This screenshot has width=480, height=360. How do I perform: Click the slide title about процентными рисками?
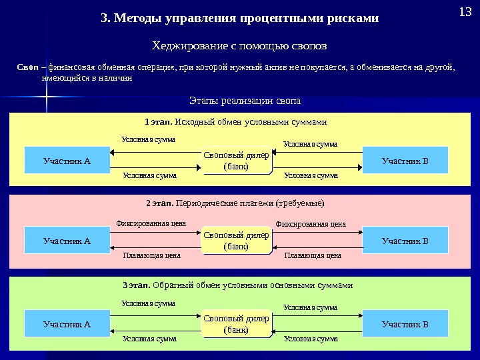[239, 18]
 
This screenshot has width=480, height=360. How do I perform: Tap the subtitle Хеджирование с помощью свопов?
[240, 45]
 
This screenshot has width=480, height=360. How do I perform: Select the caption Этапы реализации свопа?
[245, 101]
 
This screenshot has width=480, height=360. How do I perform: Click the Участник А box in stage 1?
[67, 161]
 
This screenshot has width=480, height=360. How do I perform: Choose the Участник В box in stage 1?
[405, 161]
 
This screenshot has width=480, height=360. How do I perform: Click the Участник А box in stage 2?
[67, 240]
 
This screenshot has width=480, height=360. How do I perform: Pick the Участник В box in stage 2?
[405, 240]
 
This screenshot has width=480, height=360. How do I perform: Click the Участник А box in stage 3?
[67, 325]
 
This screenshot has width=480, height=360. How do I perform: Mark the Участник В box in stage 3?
[405, 325]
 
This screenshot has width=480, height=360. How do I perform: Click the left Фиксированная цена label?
[151, 224]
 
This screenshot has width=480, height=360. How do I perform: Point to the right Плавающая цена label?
[313, 255]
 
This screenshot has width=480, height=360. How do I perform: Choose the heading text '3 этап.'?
[137, 285]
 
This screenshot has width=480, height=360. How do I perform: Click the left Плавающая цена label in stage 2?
[152, 255]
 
